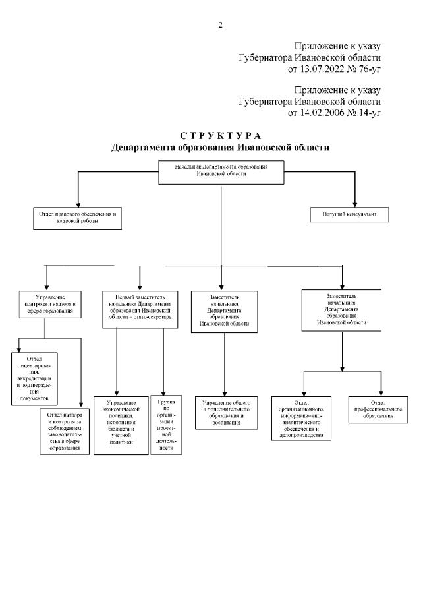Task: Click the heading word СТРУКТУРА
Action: pyautogui.click(x=220, y=136)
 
